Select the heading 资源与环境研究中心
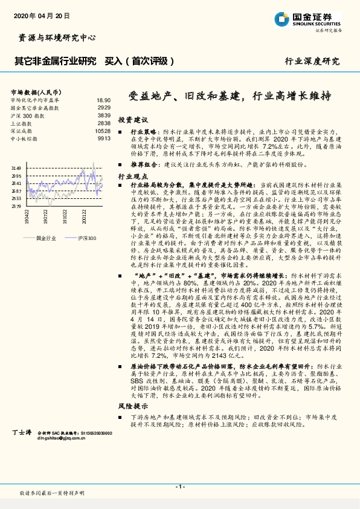pos(54,37)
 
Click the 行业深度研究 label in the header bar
pos(312,61)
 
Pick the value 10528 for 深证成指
pos(103,131)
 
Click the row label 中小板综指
pos(25,138)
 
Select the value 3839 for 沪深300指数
pos(103,115)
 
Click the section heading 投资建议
pos(132,120)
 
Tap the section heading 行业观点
pos(132,176)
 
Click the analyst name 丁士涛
pos(22,433)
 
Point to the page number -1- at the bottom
pos(179,486)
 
